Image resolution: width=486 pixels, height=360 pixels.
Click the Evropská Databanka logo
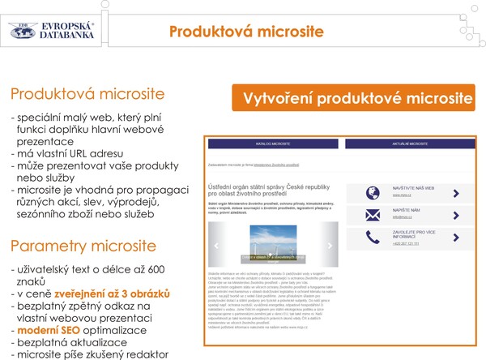click(58, 30)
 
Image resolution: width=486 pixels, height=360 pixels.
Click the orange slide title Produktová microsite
click(246, 32)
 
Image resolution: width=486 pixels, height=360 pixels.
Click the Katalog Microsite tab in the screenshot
click(273, 144)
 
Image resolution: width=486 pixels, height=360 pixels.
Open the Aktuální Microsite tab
click(409, 144)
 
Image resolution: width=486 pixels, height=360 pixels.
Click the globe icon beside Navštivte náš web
click(372, 192)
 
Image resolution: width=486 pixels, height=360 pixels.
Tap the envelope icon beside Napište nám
click(372, 215)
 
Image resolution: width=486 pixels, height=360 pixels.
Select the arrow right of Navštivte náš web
click(456, 193)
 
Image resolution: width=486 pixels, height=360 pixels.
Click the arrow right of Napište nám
click(456, 216)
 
